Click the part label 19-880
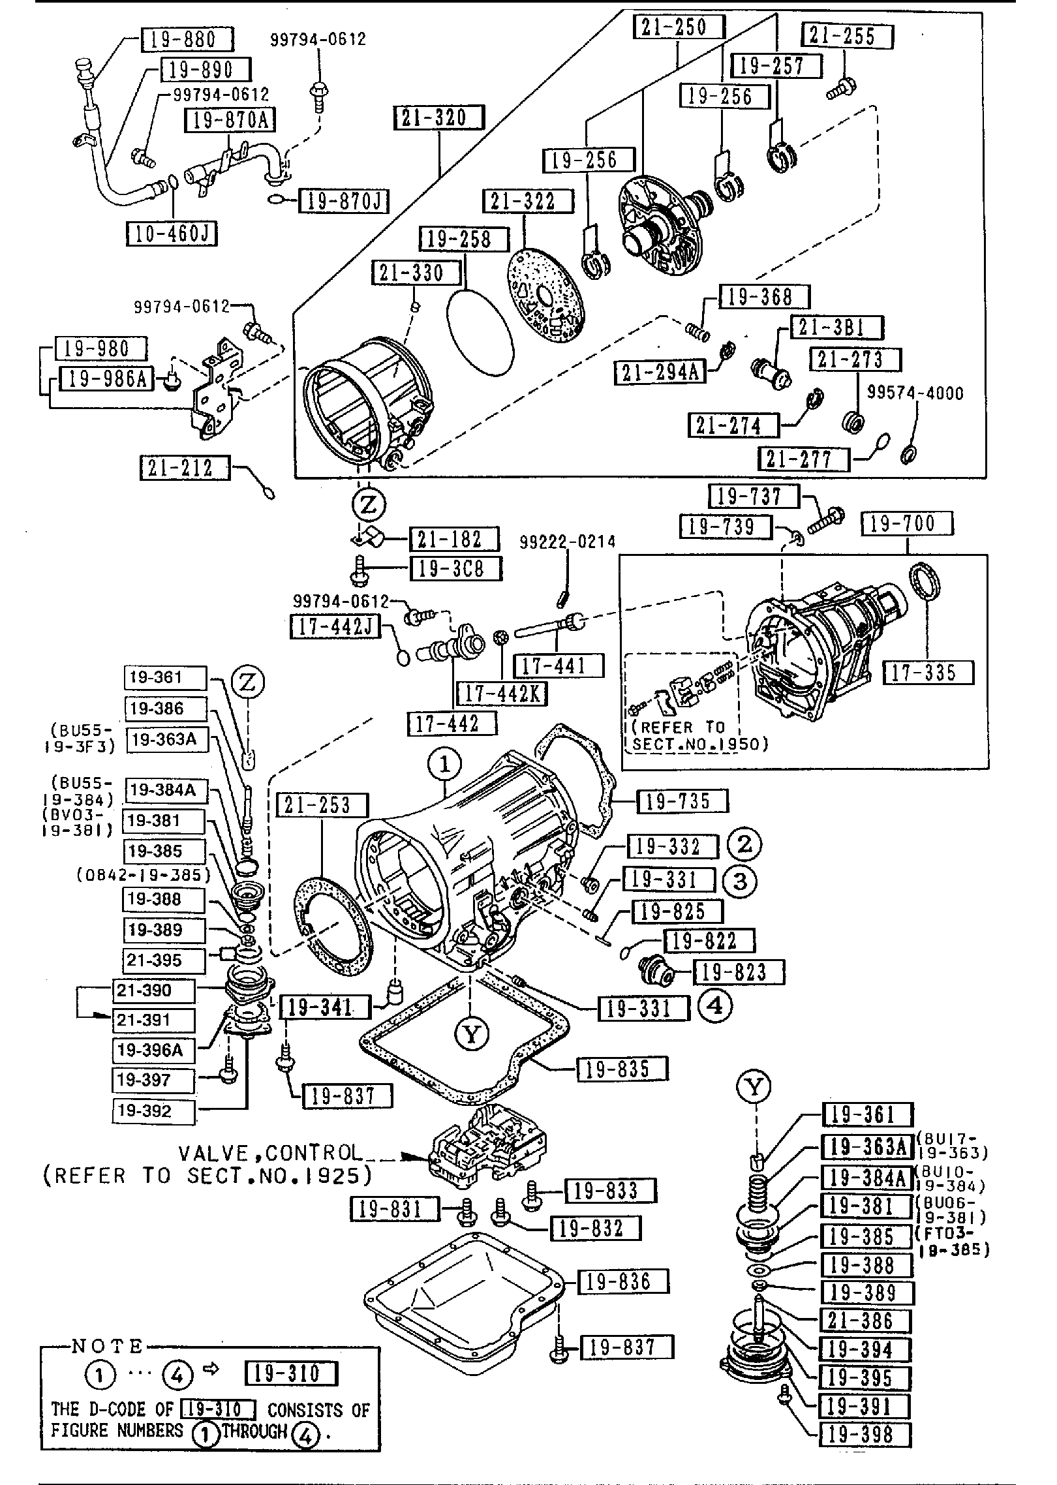(187, 40)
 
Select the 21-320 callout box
(439, 117)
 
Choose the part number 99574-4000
(915, 393)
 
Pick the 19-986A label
(106, 378)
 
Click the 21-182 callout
(454, 539)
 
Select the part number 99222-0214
(568, 542)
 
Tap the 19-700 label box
(908, 523)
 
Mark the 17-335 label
(928, 672)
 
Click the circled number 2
(744, 844)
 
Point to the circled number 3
(739, 881)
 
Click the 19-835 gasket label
(622, 1069)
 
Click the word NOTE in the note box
(106, 1345)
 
